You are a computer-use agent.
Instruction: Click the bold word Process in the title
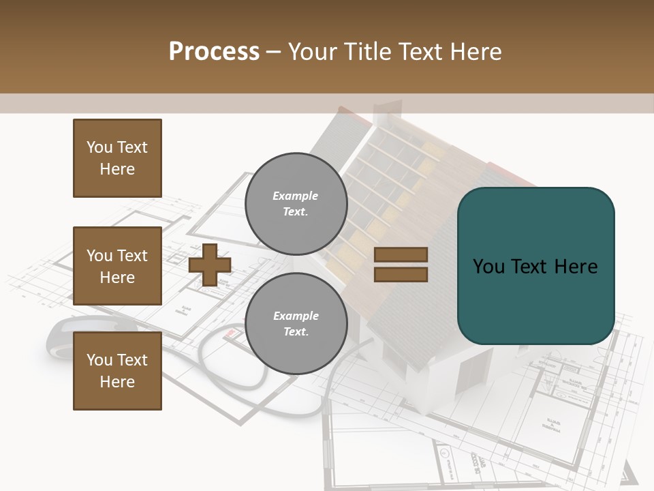tap(214, 52)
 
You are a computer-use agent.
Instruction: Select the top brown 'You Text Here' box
tap(117, 158)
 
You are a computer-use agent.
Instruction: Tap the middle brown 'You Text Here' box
tap(117, 266)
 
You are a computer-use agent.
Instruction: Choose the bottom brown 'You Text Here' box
tap(117, 371)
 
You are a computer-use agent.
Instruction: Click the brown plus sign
tap(210, 265)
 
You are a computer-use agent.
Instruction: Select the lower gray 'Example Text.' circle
tap(296, 323)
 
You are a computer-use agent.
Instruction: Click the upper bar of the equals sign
tap(401, 255)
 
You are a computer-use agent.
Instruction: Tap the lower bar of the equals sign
tap(401, 274)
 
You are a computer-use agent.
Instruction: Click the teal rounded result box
tap(535, 266)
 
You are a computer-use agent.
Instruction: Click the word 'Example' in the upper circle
tap(296, 196)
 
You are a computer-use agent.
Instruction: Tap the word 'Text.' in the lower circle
tap(296, 331)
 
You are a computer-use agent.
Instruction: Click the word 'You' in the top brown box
tap(99, 147)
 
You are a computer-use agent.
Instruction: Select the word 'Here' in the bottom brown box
tap(117, 382)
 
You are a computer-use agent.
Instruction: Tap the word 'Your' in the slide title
tap(313, 52)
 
